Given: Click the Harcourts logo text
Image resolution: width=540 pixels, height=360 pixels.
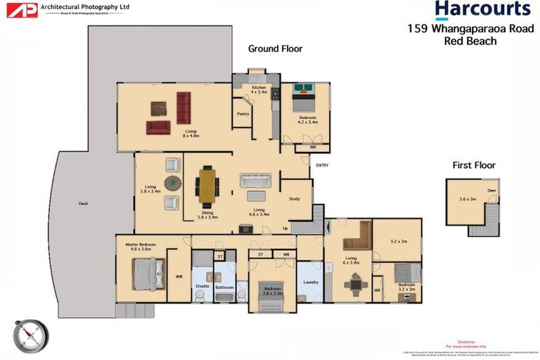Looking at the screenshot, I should (x=482, y=10).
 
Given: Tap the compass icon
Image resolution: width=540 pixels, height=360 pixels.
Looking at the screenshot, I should (x=31, y=335).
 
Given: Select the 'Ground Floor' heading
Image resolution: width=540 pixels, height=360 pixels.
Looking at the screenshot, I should (x=275, y=49).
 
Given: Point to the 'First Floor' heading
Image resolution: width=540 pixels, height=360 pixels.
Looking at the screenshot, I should (x=474, y=165).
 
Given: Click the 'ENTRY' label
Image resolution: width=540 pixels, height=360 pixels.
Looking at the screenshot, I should (x=322, y=165).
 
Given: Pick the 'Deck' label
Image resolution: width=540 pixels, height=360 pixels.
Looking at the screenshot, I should (x=84, y=204).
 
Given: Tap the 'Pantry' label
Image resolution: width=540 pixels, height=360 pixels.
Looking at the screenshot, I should (x=243, y=113).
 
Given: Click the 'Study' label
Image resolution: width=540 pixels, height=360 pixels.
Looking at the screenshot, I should (x=294, y=199).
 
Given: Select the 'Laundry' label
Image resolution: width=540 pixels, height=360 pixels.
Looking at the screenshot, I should (x=310, y=283).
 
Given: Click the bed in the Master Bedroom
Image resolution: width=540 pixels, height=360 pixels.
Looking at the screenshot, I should (x=148, y=273).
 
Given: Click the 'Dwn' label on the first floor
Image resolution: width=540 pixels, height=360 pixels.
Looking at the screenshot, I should (x=491, y=190).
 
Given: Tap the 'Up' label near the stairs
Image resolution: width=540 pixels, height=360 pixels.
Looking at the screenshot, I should (x=285, y=229).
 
